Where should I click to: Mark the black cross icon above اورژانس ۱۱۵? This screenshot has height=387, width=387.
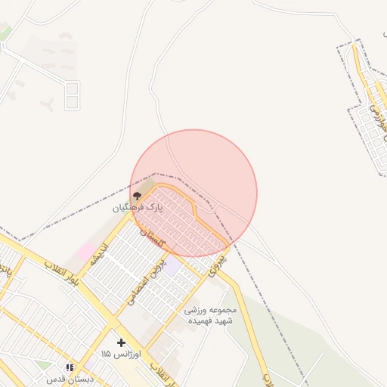pyautogui.click(x=121, y=342)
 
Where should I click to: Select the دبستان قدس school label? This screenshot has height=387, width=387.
pyautogui.click(x=70, y=379)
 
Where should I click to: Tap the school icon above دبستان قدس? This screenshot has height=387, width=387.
pyautogui.click(x=70, y=367)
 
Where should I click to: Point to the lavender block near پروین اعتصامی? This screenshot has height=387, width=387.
pyautogui.click(x=173, y=266)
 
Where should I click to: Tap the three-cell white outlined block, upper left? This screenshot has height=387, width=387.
pyautogui.click(x=72, y=96)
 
